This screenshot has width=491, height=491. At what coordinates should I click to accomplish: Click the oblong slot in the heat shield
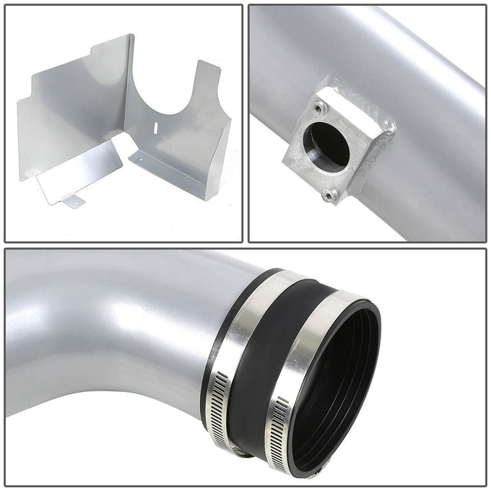(x=156, y=126)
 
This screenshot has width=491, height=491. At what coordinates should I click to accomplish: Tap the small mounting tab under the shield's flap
(x=73, y=203)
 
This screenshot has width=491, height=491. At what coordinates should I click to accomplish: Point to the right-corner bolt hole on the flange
(x=390, y=128)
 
